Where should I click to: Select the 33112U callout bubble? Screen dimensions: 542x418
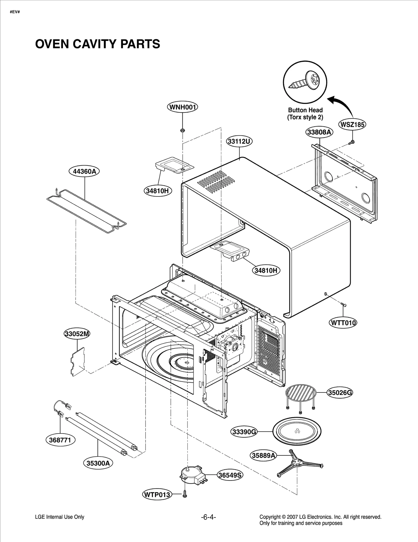click(x=239, y=141)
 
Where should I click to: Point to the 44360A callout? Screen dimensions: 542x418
click(x=84, y=172)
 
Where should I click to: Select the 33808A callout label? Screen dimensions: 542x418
click(x=319, y=132)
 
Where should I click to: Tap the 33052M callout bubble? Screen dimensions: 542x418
click(x=77, y=334)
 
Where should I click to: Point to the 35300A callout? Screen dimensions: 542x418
click(x=98, y=463)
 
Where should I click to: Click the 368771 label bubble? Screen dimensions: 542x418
click(x=60, y=440)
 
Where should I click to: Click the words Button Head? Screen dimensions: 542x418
click(x=305, y=110)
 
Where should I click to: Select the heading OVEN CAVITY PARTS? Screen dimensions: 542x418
click(x=97, y=44)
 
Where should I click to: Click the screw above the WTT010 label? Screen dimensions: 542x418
click(x=343, y=304)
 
